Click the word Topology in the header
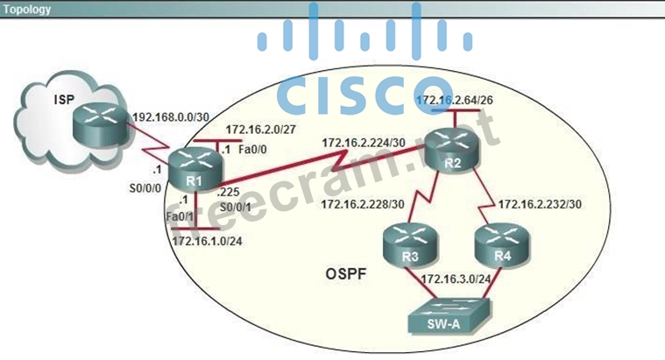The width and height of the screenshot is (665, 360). click(x=27, y=10)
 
